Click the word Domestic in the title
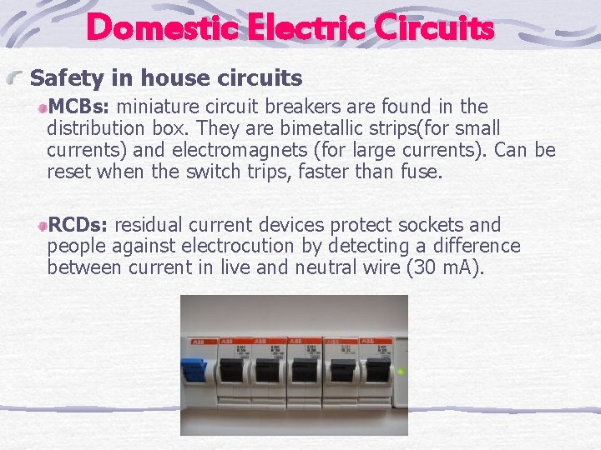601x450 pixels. (159, 28)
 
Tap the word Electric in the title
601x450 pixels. (302, 28)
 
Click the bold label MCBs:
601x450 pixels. (82, 107)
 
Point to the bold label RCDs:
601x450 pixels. (79, 225)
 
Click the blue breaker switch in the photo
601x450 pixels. (194, 370)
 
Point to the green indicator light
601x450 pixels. (401, 372)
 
